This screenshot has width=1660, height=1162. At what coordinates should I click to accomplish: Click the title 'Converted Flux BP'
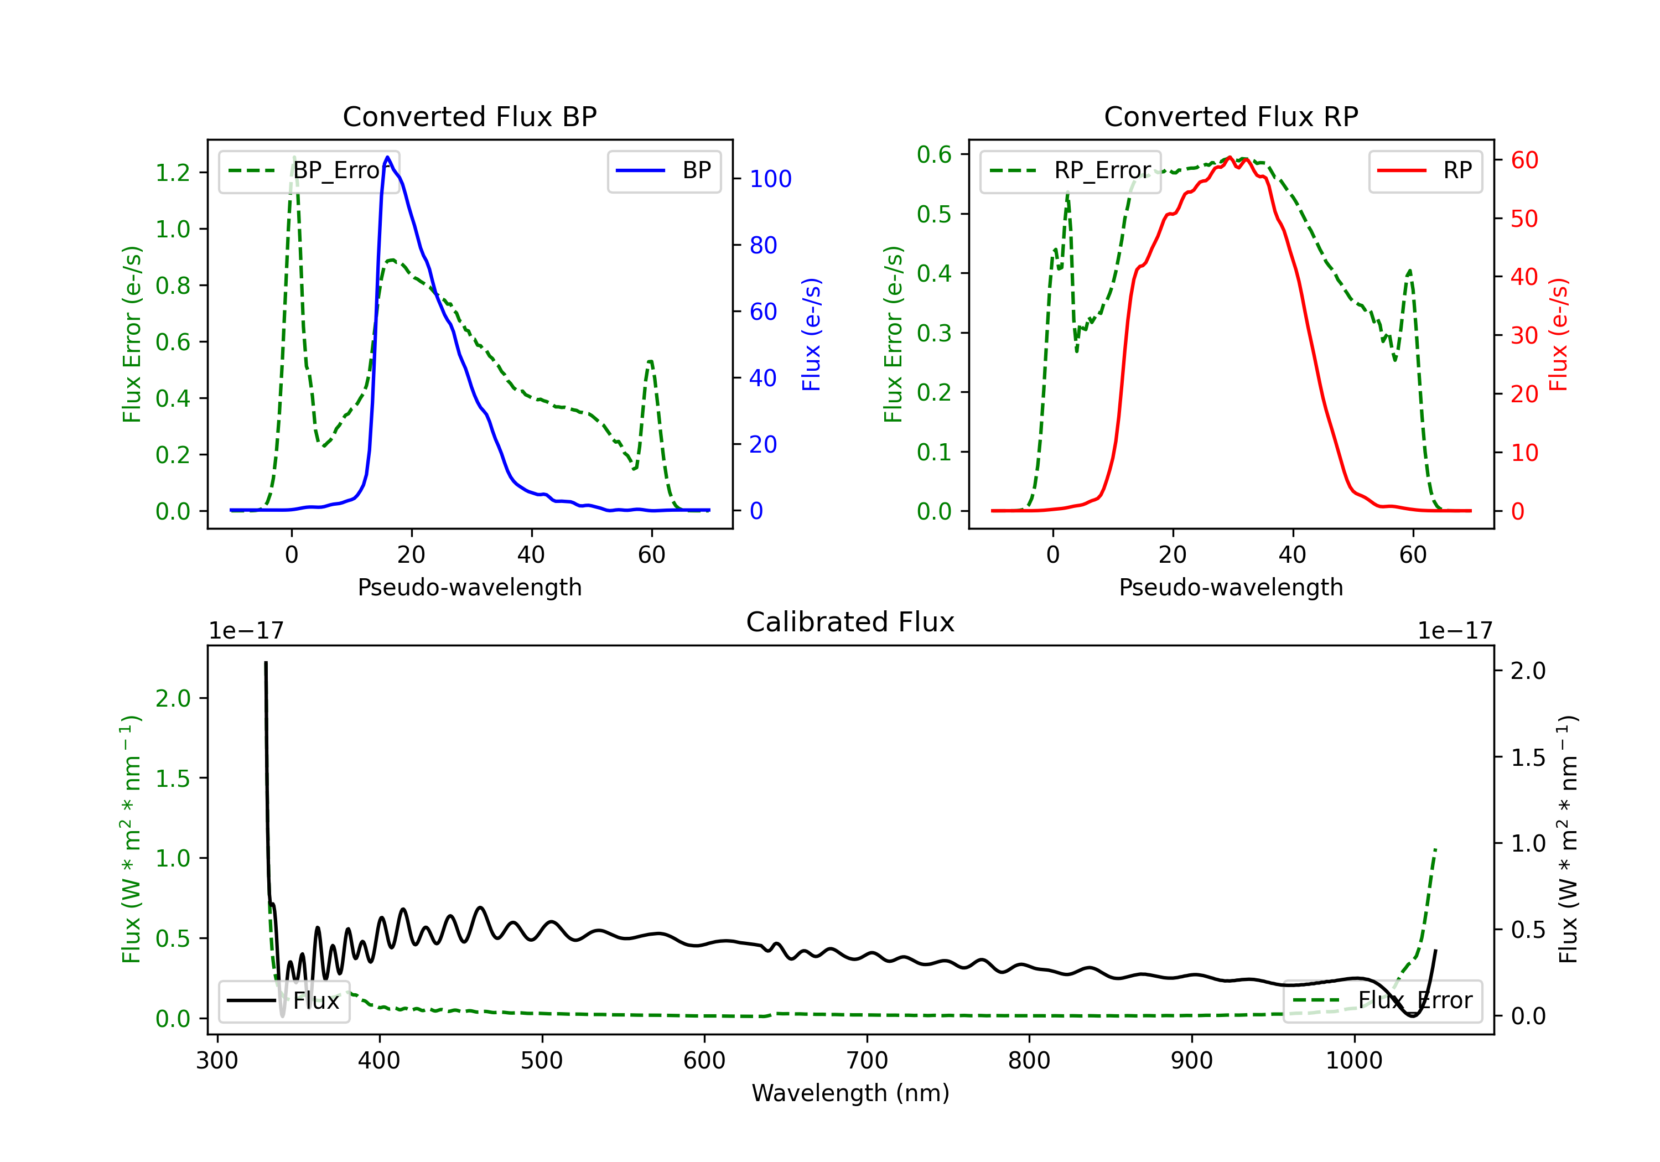(469, 116)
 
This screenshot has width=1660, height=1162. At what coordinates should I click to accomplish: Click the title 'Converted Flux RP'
(1231, 116)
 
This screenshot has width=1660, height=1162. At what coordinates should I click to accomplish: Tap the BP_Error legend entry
(309, 170)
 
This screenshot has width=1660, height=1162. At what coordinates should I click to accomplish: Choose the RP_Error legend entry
(1071, 170)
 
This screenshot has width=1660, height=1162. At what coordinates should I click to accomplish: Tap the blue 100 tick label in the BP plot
(770, 179)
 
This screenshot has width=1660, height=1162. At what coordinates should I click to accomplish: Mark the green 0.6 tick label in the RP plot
(934, 154)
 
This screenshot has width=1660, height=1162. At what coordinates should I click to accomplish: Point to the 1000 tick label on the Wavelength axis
(1353, 1060)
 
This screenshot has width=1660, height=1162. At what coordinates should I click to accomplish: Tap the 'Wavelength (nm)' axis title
(850, 1093)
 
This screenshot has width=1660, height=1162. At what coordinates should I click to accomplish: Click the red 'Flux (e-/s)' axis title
(1559, 334)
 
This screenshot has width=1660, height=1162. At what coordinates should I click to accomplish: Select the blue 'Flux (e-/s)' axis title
(811, 334)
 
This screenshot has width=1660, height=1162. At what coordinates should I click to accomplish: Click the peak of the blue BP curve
(387, 158)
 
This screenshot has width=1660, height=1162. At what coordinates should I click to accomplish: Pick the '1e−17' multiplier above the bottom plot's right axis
(1455, 631)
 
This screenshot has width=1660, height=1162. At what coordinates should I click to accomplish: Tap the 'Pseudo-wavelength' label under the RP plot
(1231, 587)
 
